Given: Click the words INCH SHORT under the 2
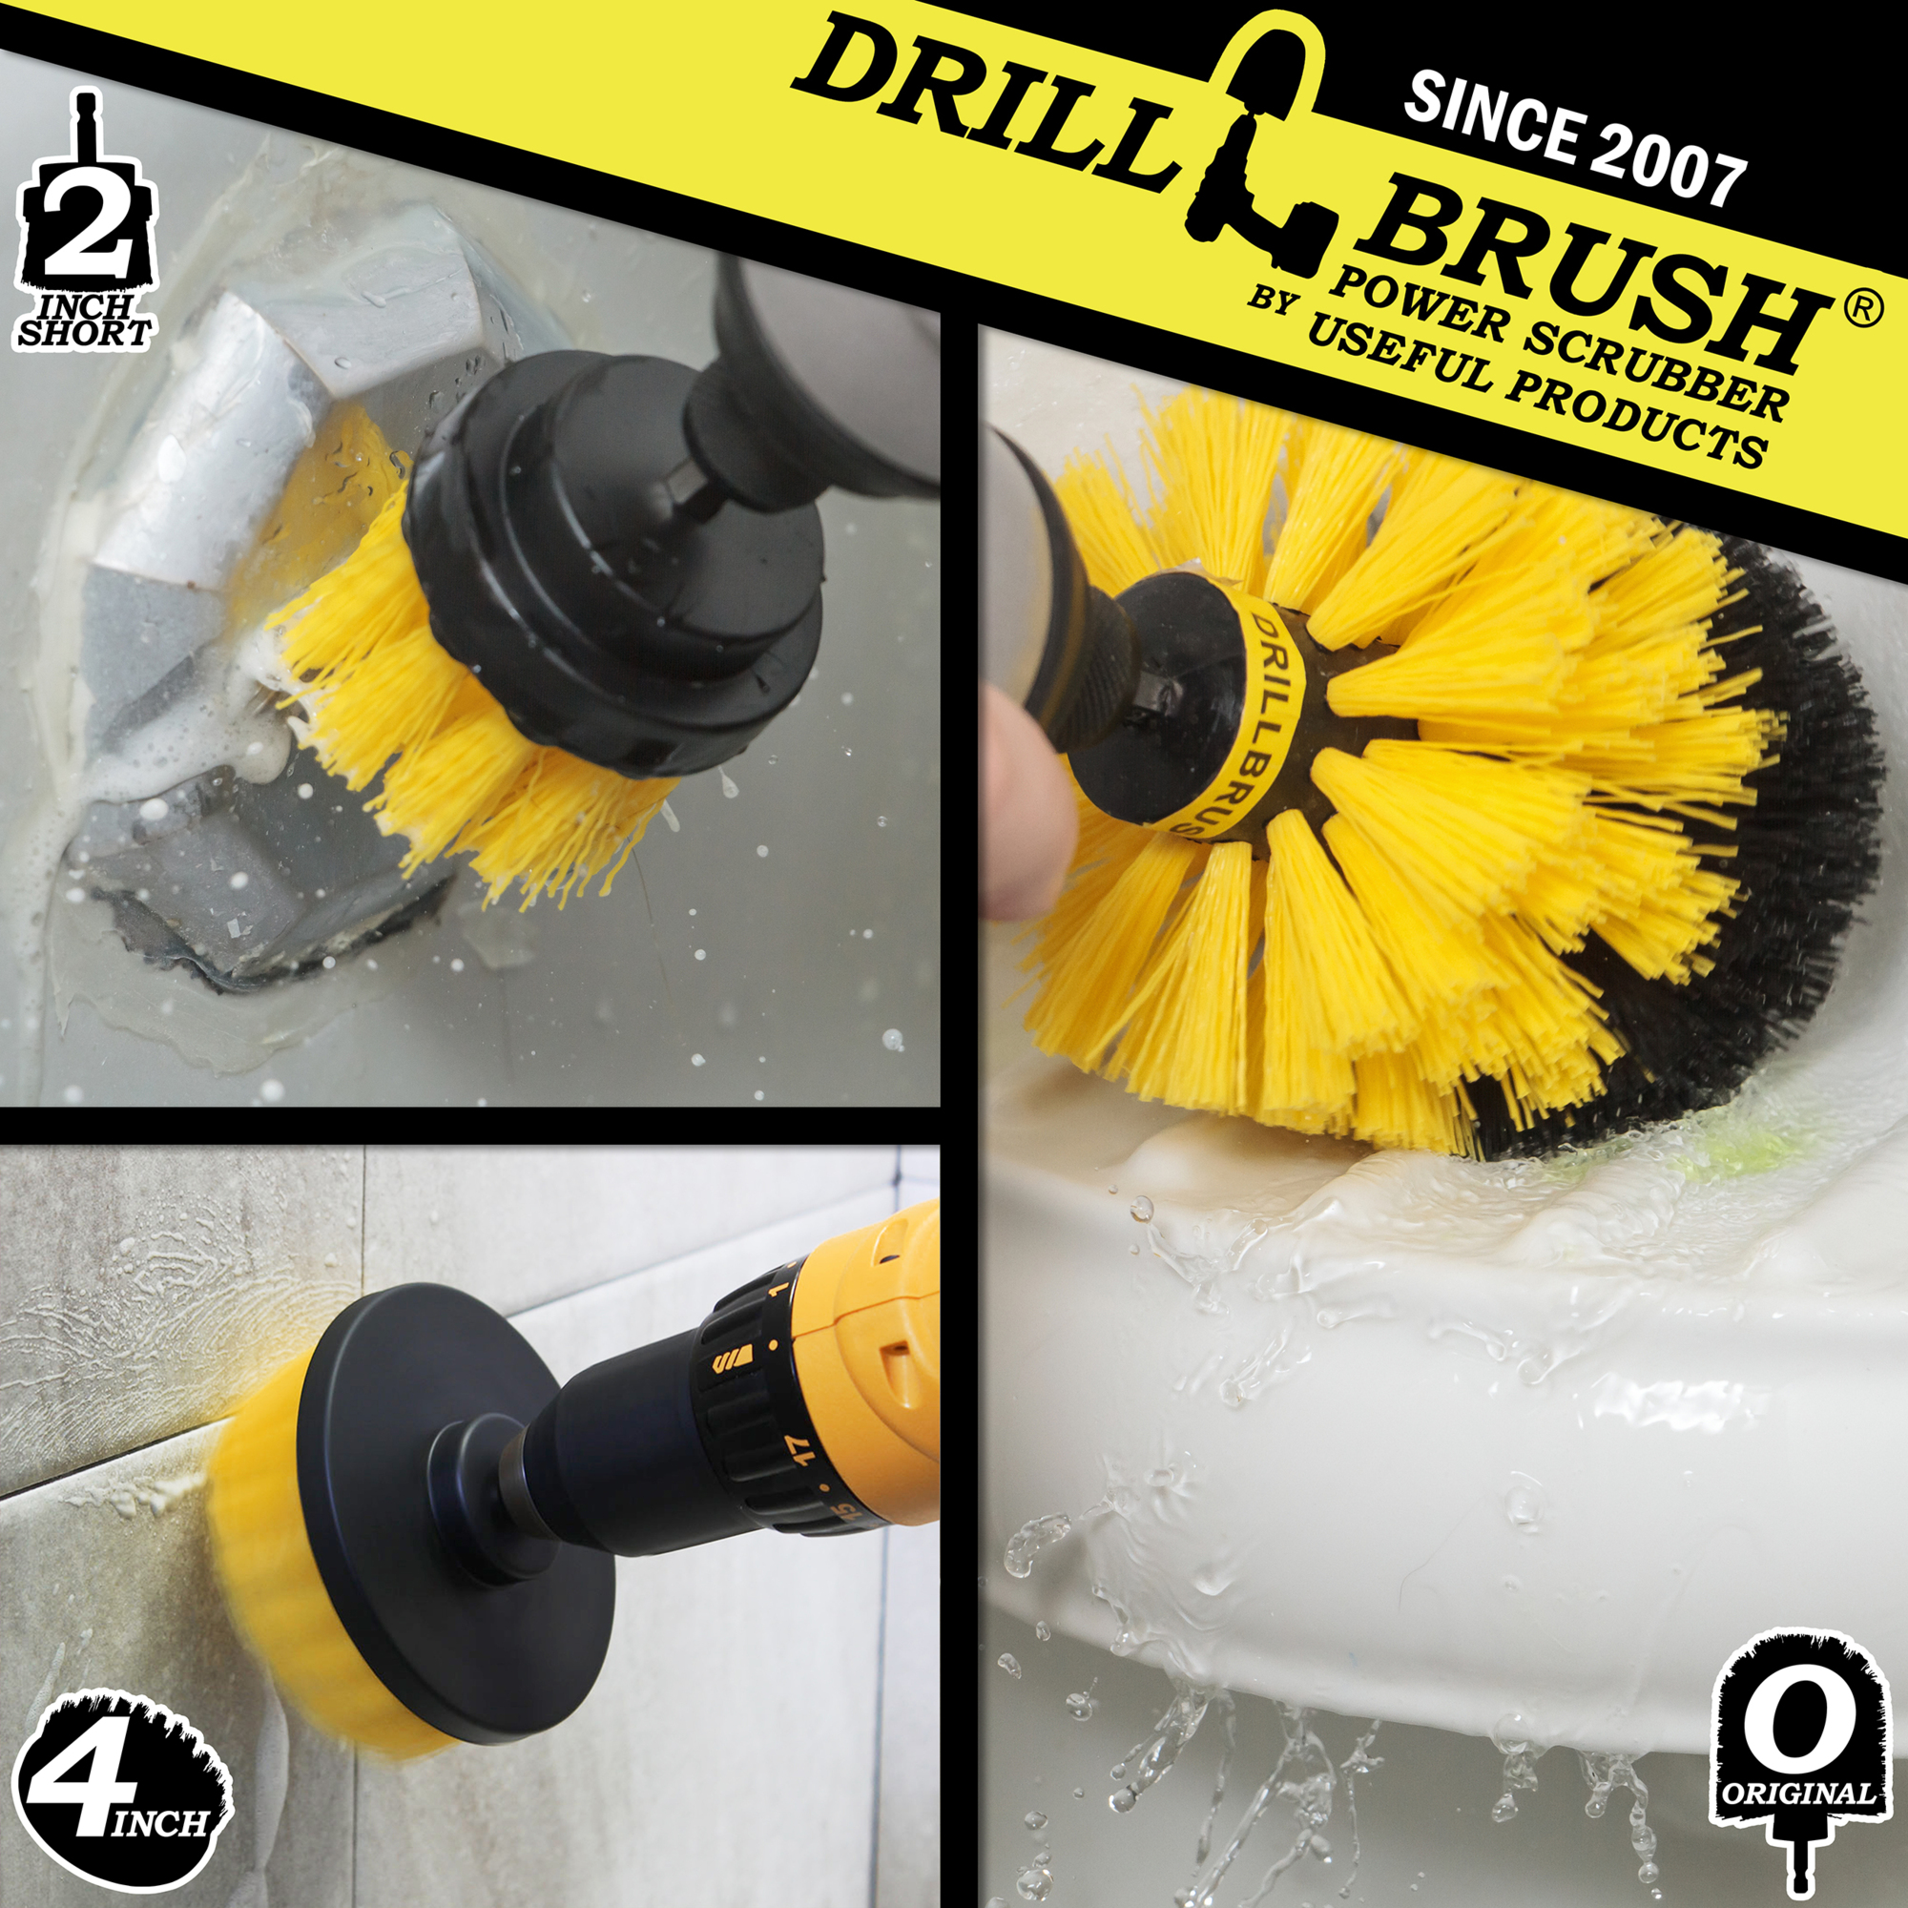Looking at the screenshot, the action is tap(85, 321).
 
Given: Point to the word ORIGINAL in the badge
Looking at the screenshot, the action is tap(1797, 1794).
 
